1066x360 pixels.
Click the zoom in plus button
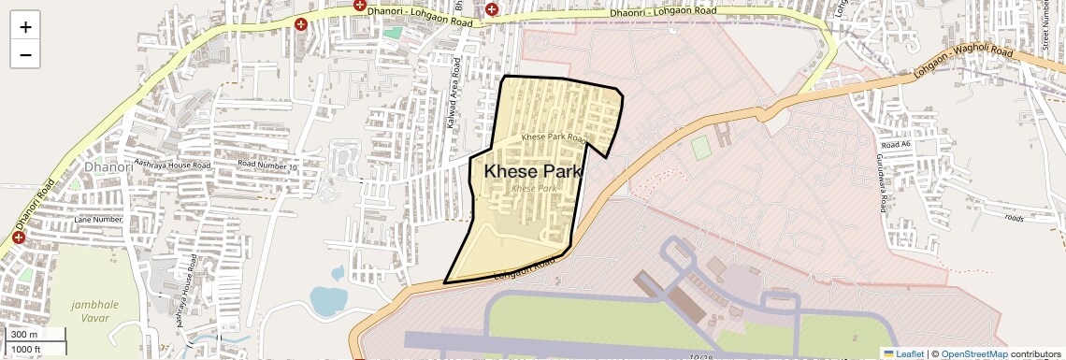(x=25, y=27)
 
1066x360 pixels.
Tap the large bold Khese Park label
(x=533, y=172)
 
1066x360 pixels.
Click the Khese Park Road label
(x=554, y=137)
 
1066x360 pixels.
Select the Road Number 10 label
(x=266, y=164)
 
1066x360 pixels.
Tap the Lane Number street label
(x=98, y=220)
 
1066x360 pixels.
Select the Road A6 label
(x=895, y=145)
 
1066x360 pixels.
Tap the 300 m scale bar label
(x=25, y=335)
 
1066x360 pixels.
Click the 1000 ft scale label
(x=27, y=349)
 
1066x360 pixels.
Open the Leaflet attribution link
(x=903, y=353)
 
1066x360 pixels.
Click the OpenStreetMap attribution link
(x=974, y=353)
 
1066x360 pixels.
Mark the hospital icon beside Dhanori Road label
(x=18, y=238)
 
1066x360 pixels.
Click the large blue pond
(x=327, y=299)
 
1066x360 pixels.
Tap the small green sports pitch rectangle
(x=700, y=148)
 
